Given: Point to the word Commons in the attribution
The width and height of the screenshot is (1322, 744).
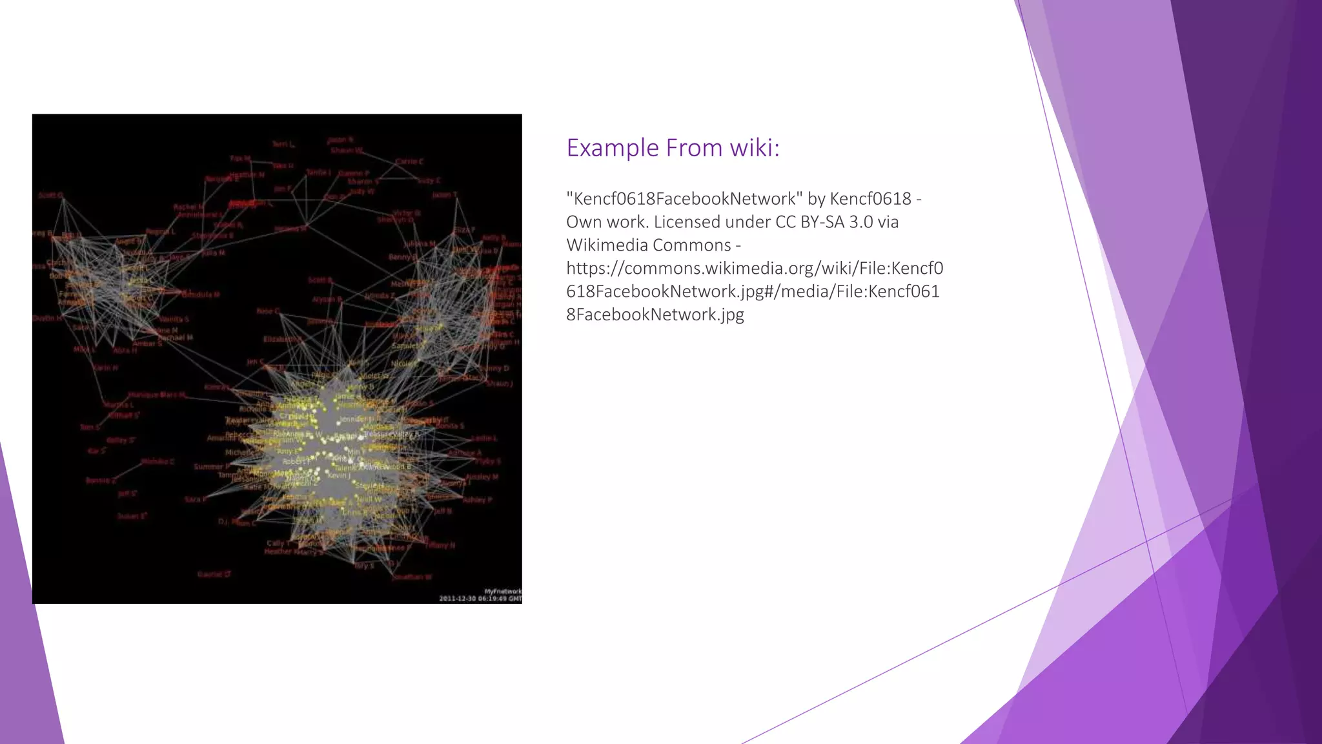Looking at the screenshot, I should click(x=691, y=245).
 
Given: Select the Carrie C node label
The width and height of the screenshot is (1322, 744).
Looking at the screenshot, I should click(x=409, y=161).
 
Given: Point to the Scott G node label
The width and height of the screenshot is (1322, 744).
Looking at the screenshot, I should click(x=50, y=195).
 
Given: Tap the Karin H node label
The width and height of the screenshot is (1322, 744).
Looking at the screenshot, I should click(x=105, y=367).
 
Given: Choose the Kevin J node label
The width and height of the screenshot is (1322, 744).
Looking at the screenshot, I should click(x=339, y=476).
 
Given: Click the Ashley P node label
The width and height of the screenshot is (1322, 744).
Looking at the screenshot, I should click(x=477, y=500).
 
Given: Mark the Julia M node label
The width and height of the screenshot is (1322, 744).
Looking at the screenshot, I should click(x=214, y=253).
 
